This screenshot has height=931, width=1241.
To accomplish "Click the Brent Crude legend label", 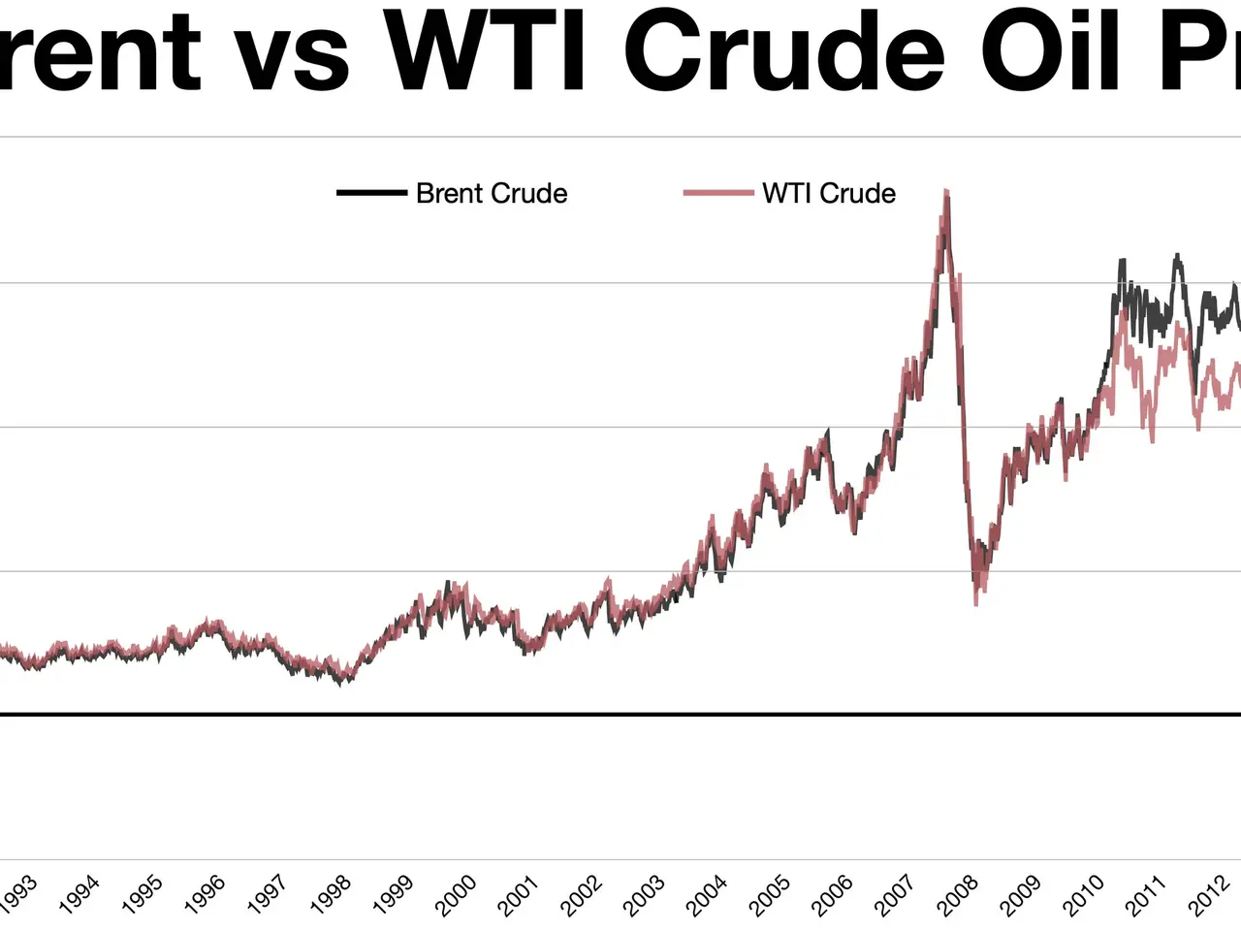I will [x=491, y=193].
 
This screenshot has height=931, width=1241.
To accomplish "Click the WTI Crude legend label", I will [x=828, y=193].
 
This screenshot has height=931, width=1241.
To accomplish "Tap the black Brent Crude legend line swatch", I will [x=371, y=193].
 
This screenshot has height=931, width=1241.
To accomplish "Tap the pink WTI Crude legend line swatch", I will [x=718, y=193].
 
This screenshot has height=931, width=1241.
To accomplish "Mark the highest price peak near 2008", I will [x=945, y=192].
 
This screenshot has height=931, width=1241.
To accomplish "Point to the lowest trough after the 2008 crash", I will [x=976, y=604].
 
